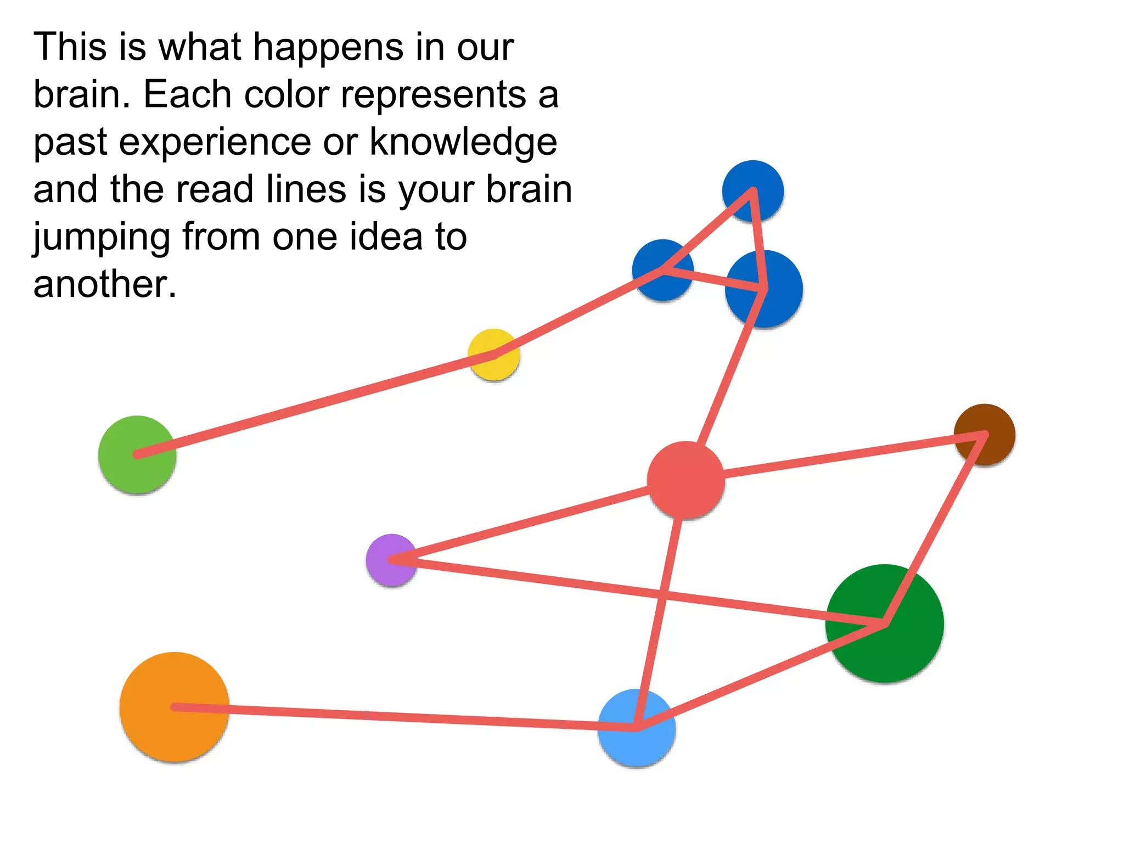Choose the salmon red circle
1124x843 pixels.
coord(685,480)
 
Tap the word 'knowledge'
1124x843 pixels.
coord(463,142)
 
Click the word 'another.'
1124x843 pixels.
coord(105,284)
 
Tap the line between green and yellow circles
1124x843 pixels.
coord(316,405)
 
